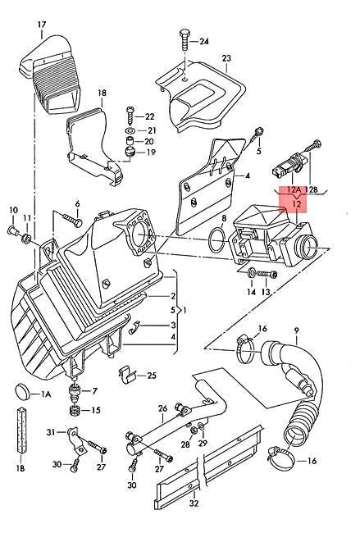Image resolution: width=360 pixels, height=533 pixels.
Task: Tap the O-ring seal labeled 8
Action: [216, 241]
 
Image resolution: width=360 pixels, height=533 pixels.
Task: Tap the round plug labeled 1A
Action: [23, 390]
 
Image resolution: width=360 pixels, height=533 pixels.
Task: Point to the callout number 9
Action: [297, 331]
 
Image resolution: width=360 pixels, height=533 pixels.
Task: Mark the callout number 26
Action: [163, 407]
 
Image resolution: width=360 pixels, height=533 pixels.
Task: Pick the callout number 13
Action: [265, 293]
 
